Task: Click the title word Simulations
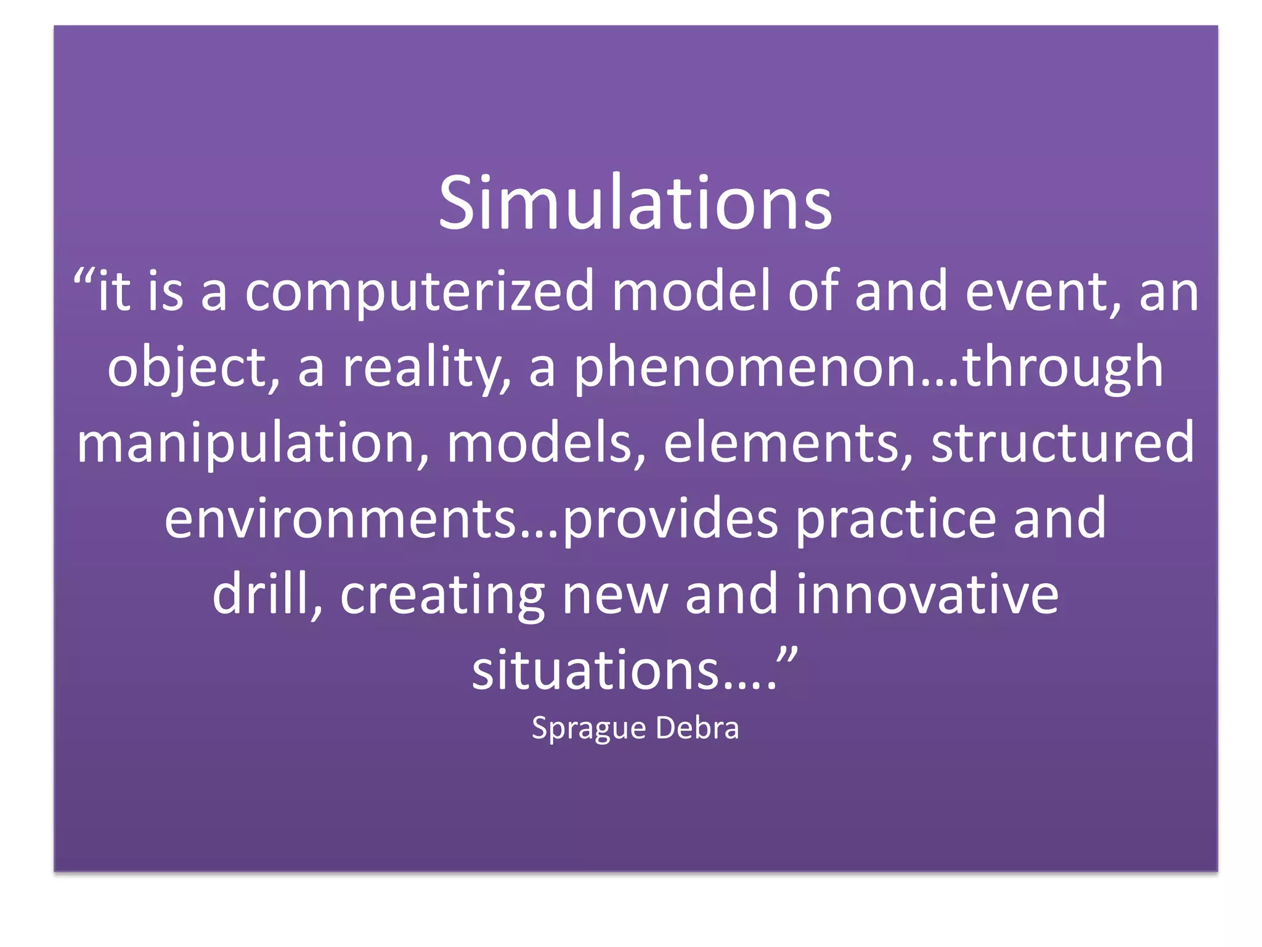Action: click(635, 203)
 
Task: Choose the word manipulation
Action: click(253, 443)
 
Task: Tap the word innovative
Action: click(927, 594)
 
